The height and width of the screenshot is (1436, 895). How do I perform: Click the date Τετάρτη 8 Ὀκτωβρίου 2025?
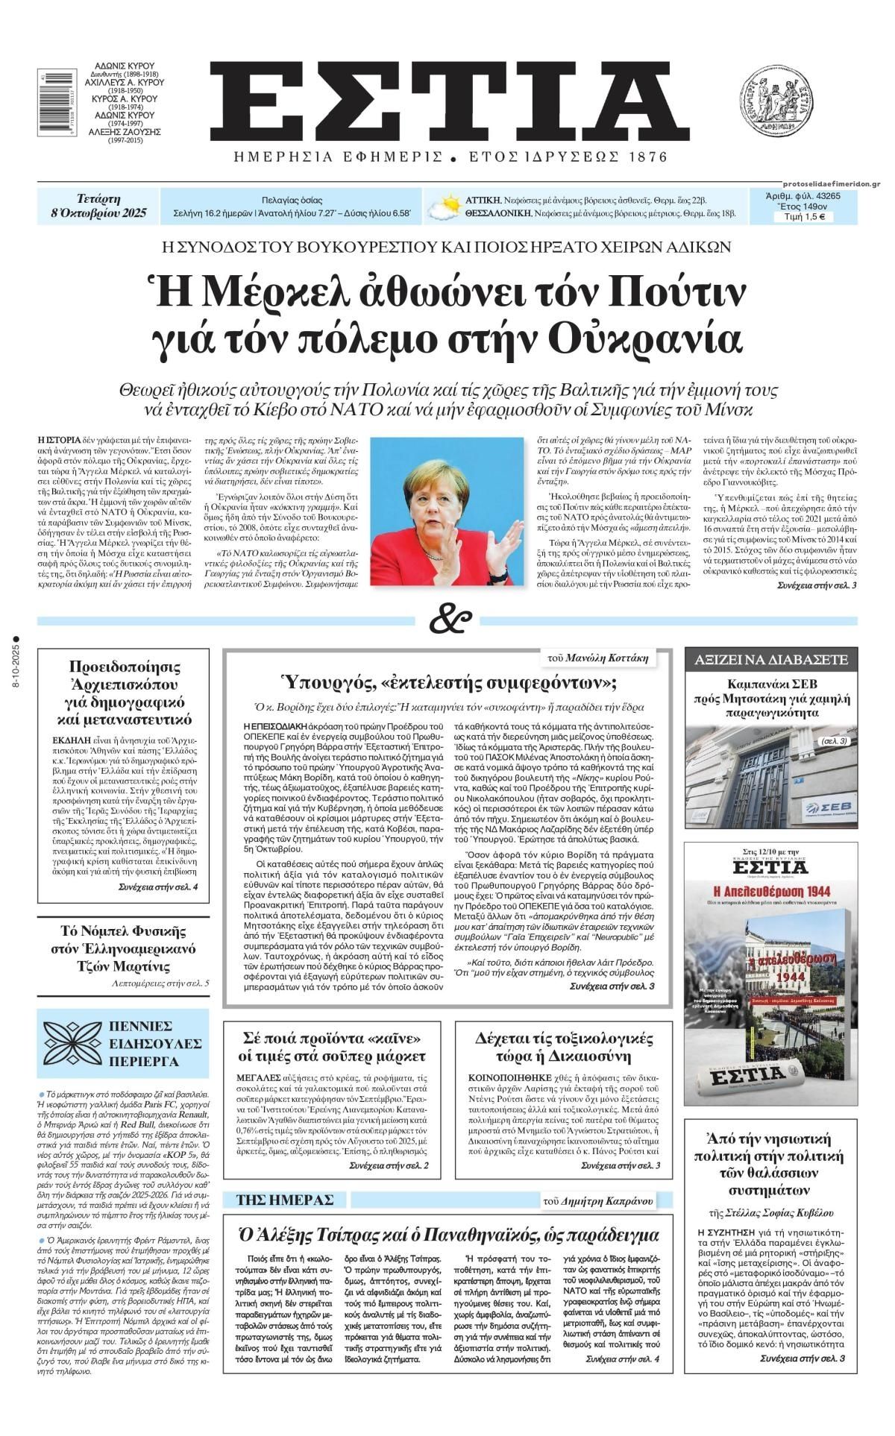coord(99,207)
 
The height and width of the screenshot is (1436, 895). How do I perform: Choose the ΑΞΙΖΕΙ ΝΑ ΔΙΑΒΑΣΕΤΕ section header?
coord(771,660)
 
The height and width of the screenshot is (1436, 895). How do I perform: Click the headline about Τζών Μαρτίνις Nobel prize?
coord(123,948)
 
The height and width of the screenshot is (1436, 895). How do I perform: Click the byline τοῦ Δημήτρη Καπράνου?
coord(609,1200)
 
